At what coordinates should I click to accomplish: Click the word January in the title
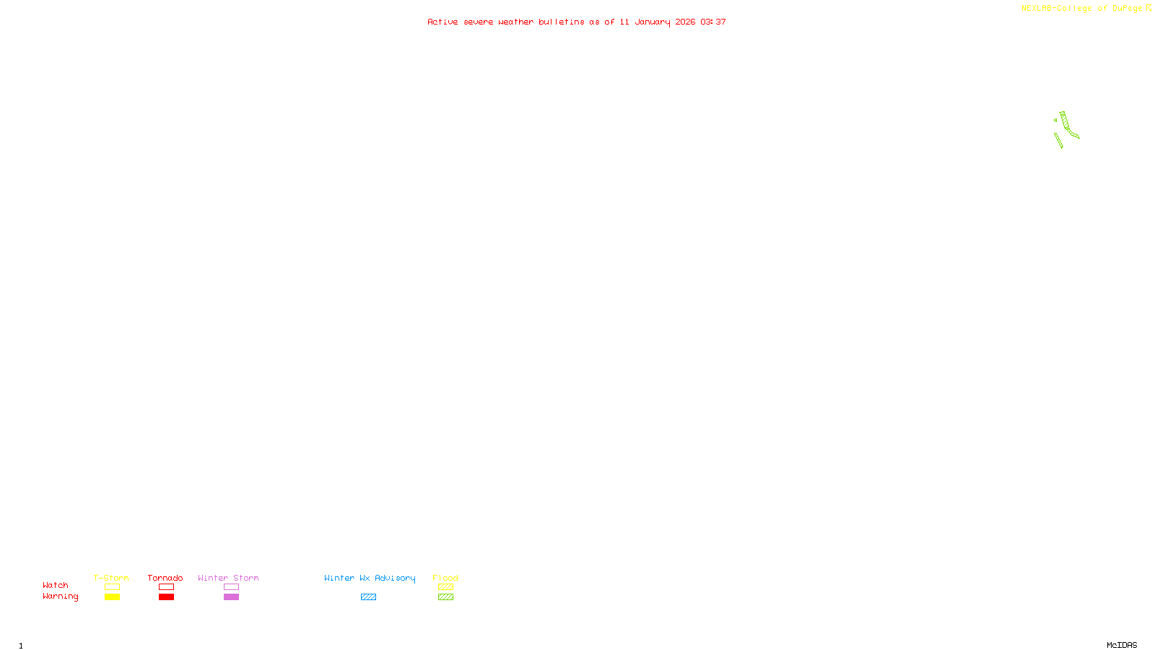(652, 22)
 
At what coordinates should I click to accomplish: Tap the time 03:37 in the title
(713, 22)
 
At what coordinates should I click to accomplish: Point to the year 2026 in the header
(685, 22)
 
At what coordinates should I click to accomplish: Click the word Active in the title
(443, 22)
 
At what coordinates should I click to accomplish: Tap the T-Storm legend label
(111, 578)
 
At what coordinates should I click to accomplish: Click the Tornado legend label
(165, 578)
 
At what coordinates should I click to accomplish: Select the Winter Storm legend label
(228, 578)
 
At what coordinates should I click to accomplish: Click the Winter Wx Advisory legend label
(370, 578)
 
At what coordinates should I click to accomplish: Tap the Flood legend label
(445, 578)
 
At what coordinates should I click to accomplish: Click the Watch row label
(56, 585)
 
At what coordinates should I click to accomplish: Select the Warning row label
(60, 597)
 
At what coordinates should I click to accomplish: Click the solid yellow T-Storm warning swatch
(112, 597)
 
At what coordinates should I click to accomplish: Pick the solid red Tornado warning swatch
(166, 597)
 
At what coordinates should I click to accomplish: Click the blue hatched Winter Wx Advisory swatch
(368, 597)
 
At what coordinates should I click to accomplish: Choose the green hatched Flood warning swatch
(445, 597)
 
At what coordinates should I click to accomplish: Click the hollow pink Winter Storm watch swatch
(231, 587)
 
